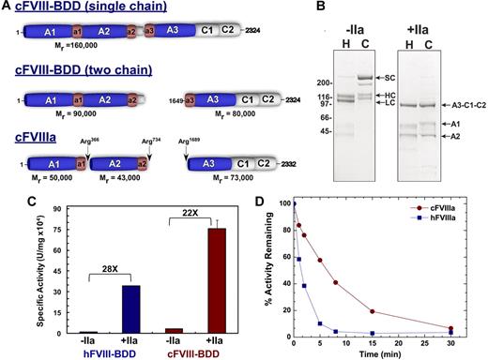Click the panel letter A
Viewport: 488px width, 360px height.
click(8, 7)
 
